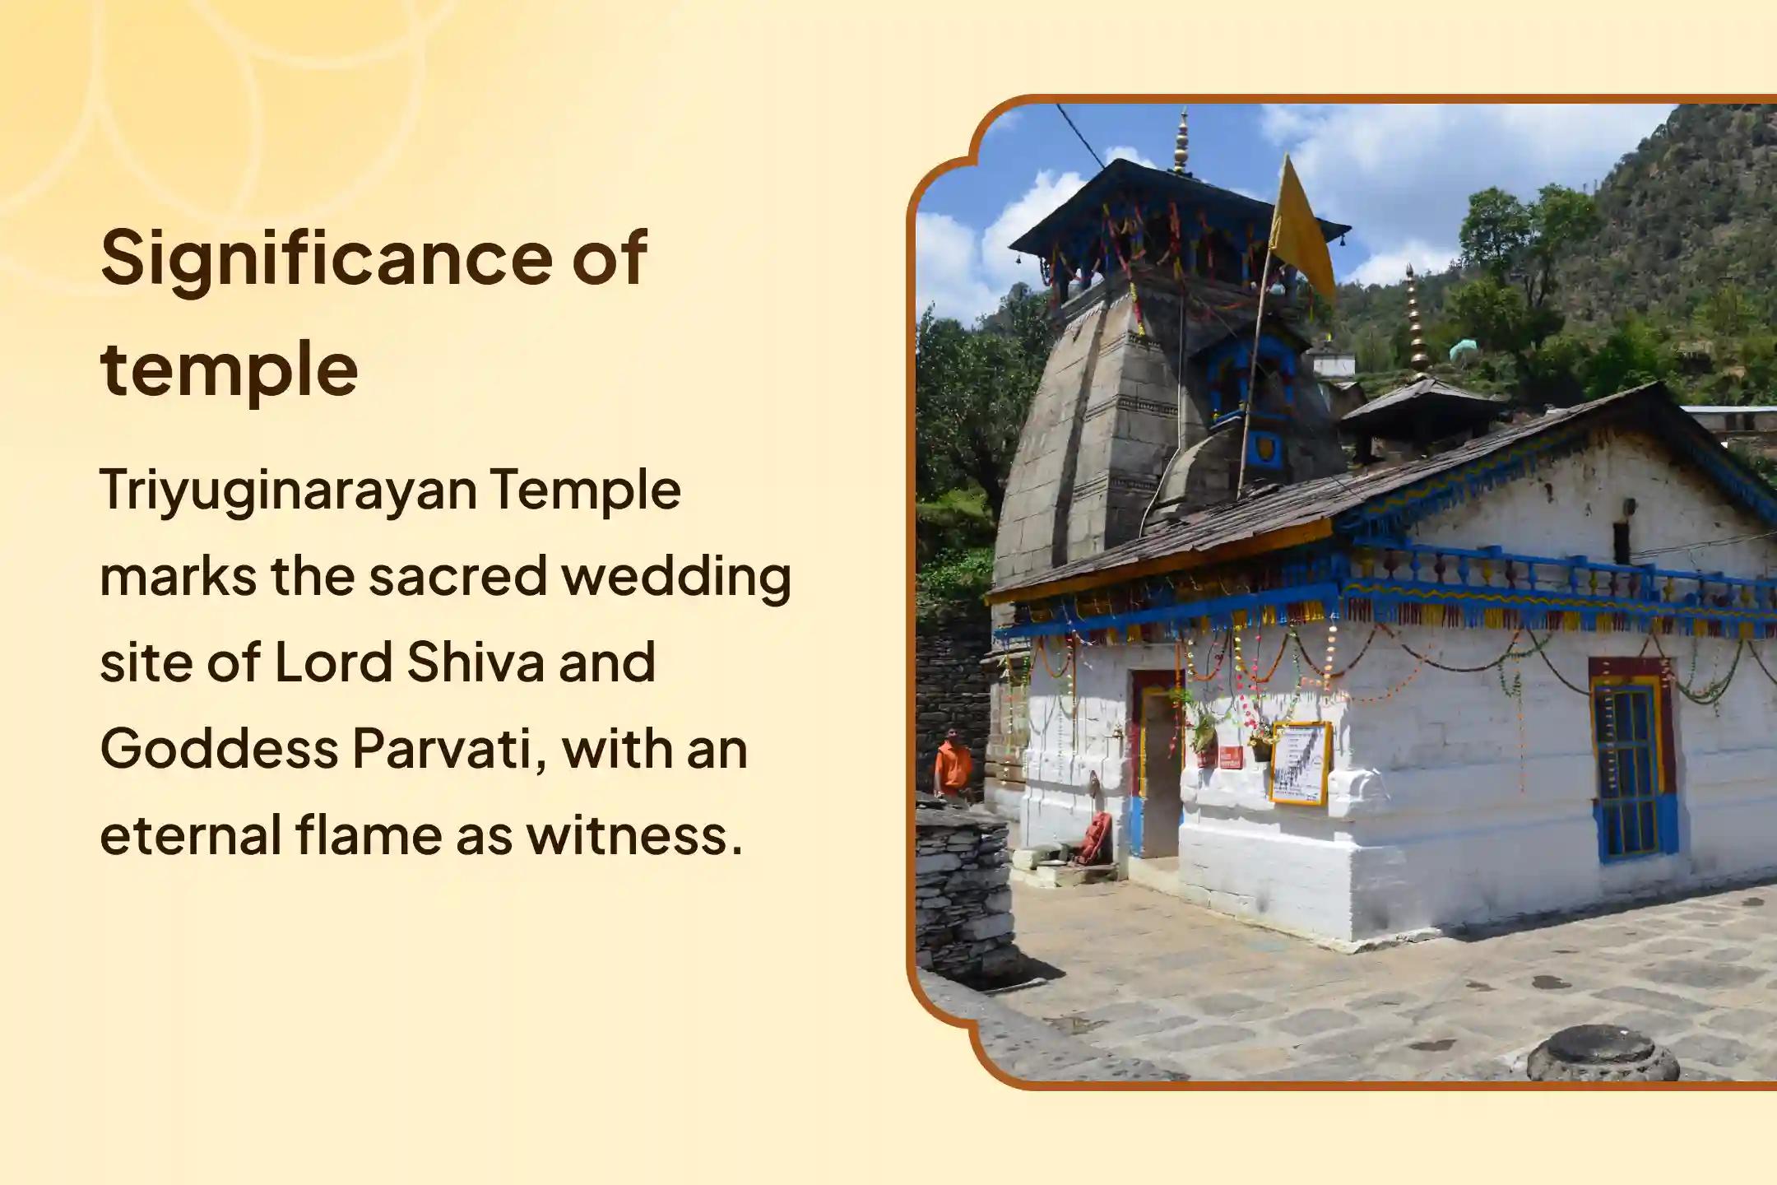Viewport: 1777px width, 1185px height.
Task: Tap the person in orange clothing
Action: [x=952, y=765]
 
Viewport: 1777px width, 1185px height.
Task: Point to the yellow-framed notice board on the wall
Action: [x=1301, y=763]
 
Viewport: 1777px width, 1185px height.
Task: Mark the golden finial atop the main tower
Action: [x=1182, y=140]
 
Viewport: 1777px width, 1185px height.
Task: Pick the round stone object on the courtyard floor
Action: [x=1603, y=1053]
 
